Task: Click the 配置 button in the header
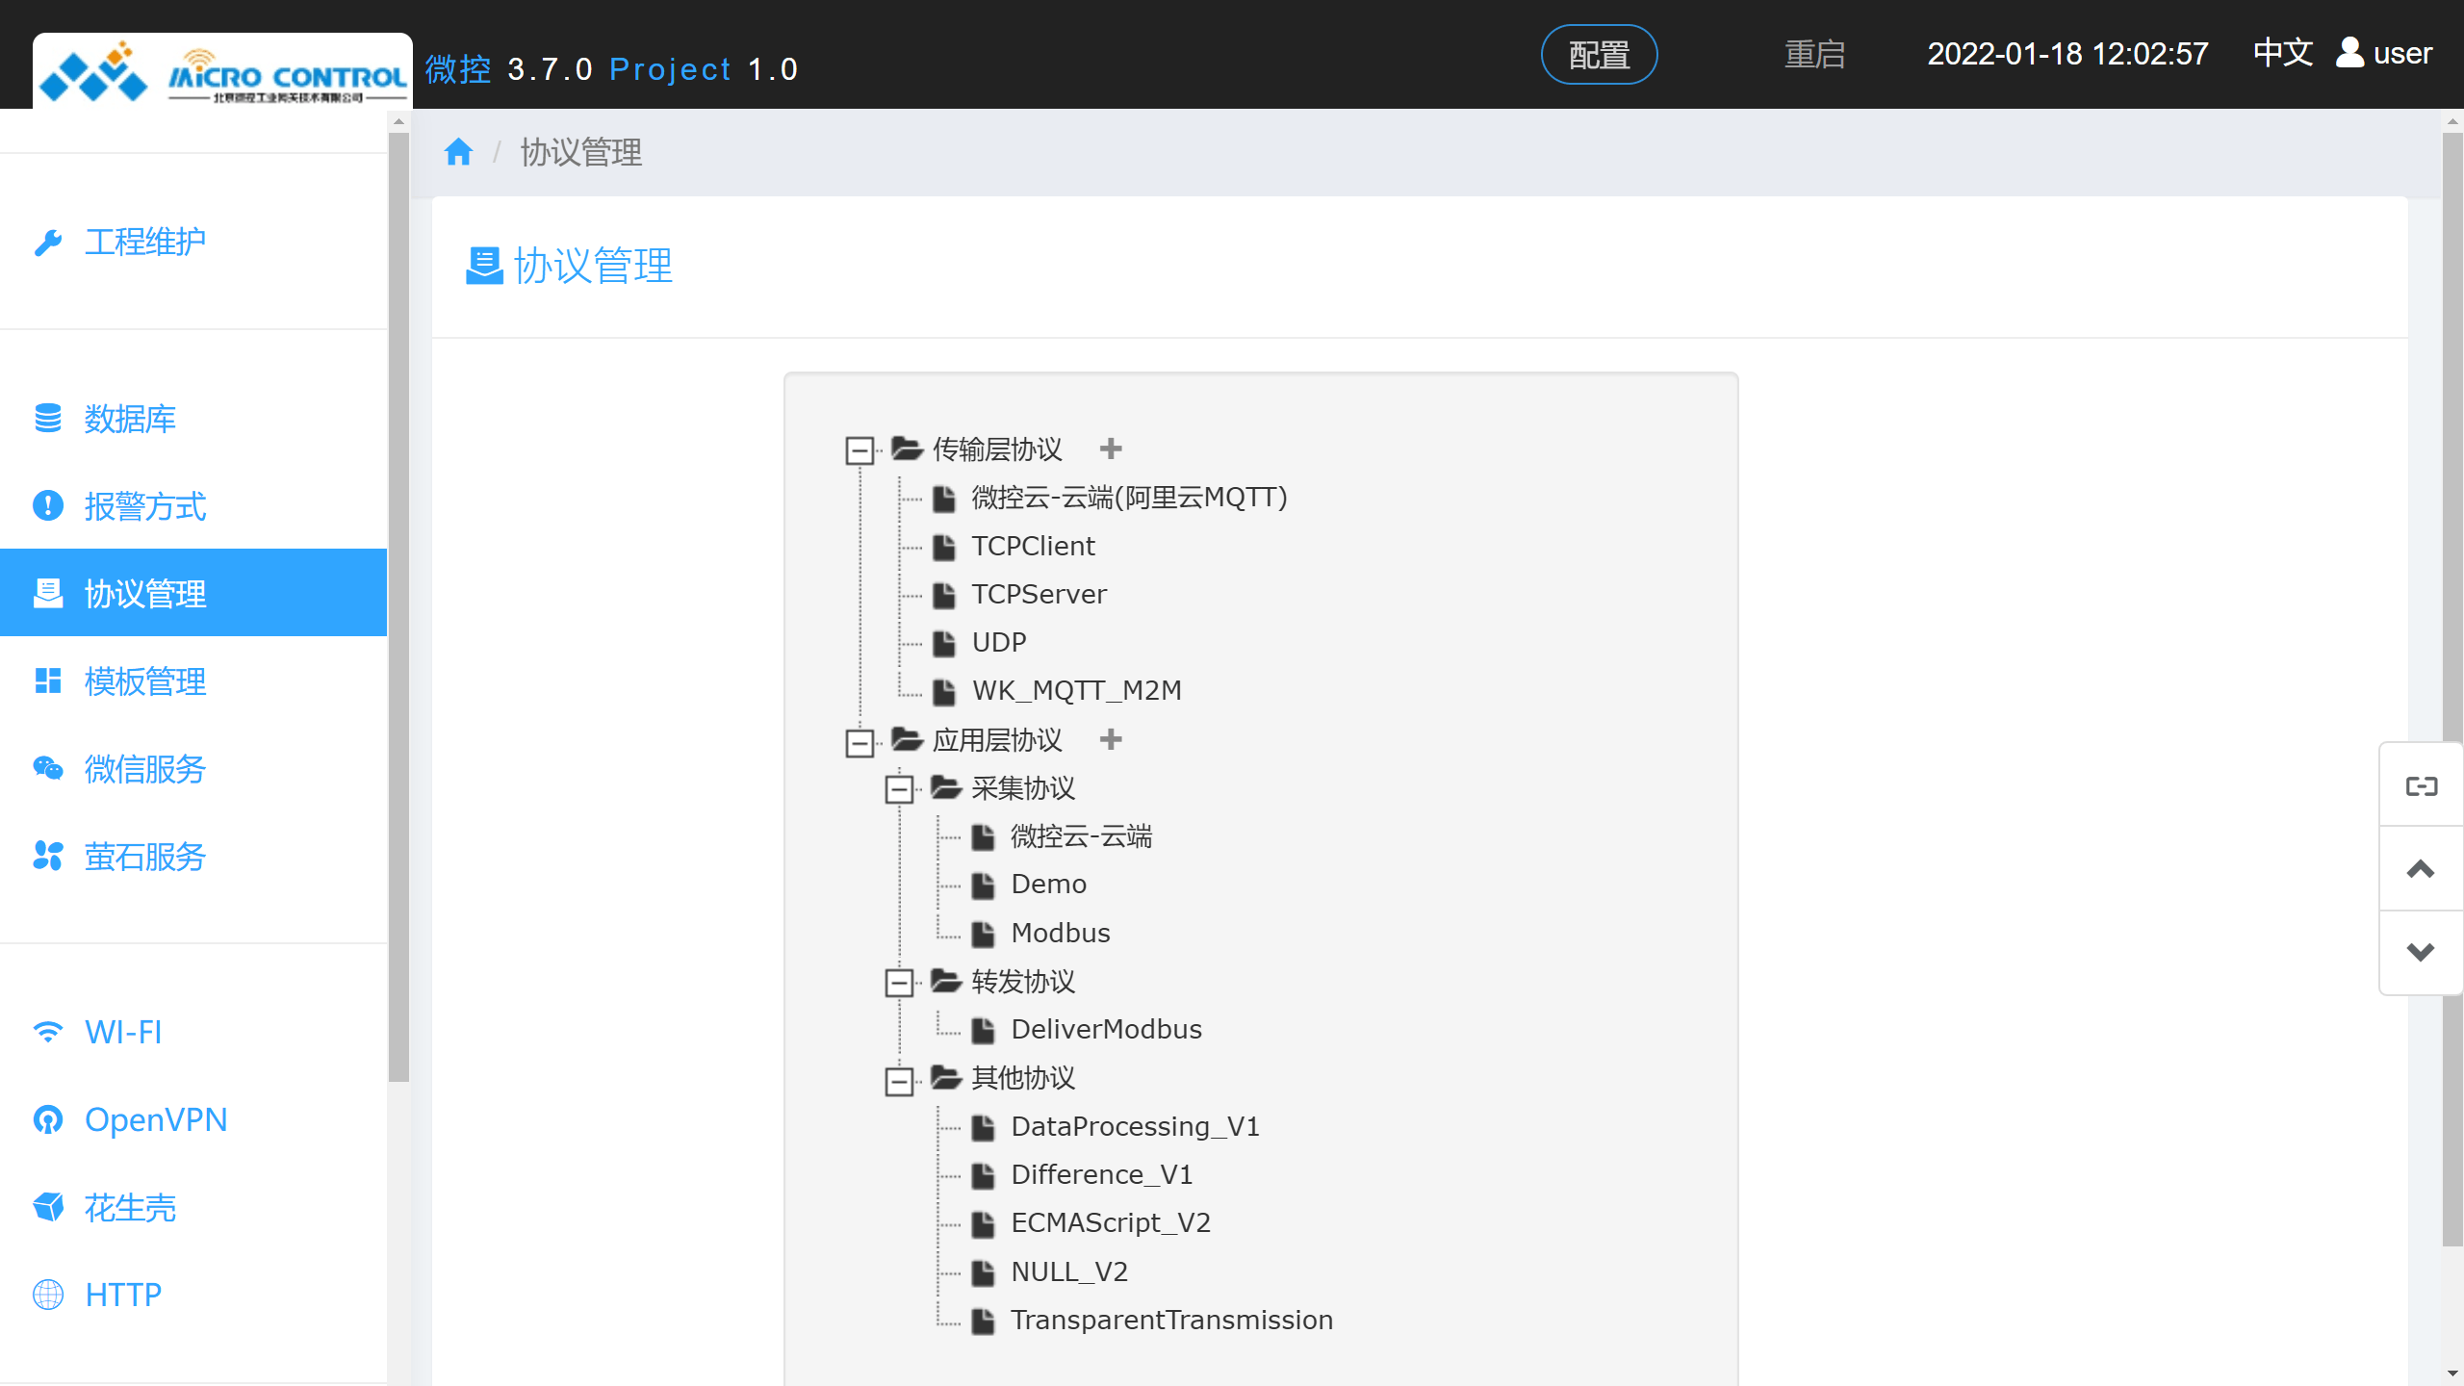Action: [1599, 55]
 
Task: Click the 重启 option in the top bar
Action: [1814, 55]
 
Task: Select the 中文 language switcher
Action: [2282, 53]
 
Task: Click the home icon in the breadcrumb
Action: [458, 152]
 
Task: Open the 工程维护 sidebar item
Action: [144, 242]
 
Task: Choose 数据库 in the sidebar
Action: [130, 419]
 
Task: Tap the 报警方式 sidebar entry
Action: [144, 506]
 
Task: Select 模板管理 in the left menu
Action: [144, 681]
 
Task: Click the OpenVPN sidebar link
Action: [156, 1119]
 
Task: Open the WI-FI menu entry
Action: [123, 1032]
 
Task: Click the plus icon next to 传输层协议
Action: [1111, 449]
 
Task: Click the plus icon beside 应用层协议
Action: [1111, 739]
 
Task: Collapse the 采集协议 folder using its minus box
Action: [899, 789]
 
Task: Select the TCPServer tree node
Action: [1039, 594]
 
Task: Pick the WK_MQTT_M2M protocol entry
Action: [1076, 690]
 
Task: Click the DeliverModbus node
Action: [1106, 1029]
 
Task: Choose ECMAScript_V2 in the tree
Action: [1111, 1222]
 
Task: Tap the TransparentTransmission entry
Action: [1171, 1320]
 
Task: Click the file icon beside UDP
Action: [944, 643]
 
